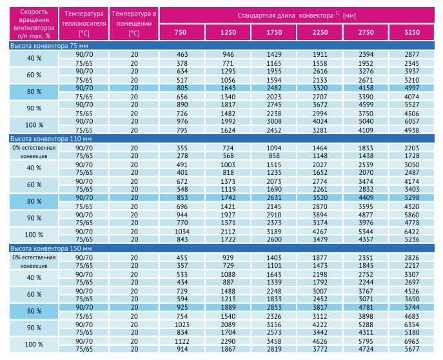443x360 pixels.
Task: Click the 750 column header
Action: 181,32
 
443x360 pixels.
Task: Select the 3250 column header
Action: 412,32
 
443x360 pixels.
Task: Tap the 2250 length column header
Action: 320,32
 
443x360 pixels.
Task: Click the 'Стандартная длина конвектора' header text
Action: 286,15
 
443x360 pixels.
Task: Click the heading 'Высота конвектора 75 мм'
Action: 49,46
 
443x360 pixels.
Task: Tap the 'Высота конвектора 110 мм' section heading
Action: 51,139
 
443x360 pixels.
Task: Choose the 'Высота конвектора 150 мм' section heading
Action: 51,248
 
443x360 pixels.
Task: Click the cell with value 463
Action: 182,54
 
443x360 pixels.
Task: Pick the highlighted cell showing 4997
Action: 411,88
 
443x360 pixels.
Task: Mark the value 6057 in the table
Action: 411,121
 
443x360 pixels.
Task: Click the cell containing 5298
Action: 411,197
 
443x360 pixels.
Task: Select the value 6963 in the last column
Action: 411,341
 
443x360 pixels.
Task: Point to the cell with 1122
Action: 182,341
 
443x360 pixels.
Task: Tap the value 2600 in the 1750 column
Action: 274,239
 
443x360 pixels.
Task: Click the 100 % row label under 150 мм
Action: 34,345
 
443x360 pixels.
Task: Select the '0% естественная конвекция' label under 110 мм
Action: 34,152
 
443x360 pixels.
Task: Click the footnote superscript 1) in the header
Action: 337,13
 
